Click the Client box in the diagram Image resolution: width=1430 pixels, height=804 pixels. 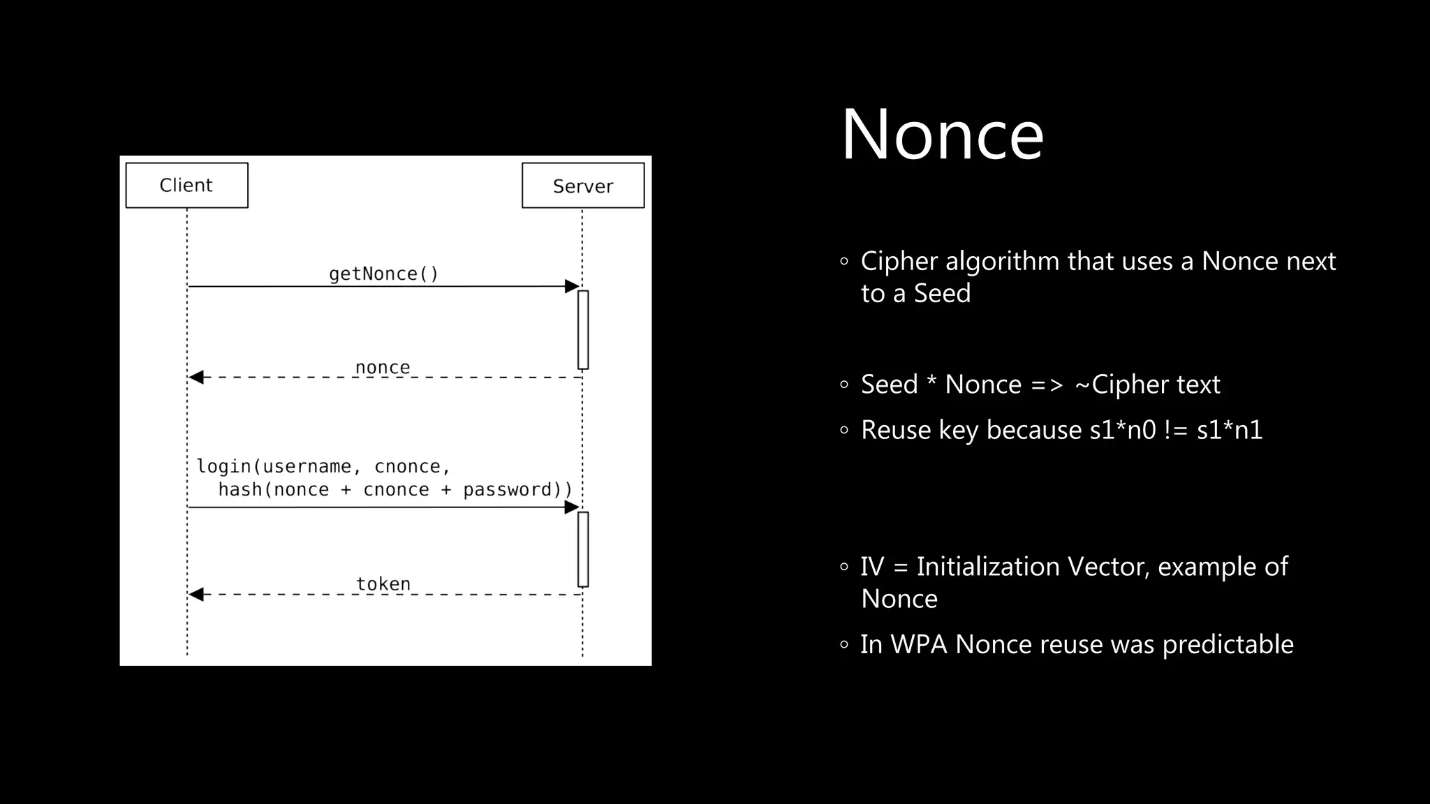(x=186, y=185)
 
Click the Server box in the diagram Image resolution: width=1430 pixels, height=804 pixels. (x=583, y=186)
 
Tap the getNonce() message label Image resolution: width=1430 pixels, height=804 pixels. (x=383, y=274)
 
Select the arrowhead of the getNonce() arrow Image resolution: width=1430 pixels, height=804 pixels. (x=572, y=286)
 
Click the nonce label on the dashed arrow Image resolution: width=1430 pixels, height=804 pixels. (x=382, y=367)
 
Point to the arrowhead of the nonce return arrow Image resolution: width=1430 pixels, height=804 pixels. (x=196, y=378)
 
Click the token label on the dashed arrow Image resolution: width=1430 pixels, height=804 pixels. (x=383, y=583)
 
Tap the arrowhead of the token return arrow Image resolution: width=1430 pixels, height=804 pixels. (x=196, y=595)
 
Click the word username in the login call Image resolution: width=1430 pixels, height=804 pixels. (x=307, y=466)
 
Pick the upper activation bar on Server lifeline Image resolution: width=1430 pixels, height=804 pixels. (x=583, y=329)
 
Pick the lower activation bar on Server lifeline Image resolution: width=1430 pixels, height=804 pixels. (x=583, y=549)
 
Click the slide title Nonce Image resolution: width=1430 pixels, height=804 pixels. (x=942, y=134)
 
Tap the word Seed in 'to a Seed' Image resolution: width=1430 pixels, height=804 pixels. (x=942, y=293)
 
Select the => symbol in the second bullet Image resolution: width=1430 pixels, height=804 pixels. (x=1046, y=385)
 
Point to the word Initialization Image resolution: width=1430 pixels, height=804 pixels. (x=988, y=567)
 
